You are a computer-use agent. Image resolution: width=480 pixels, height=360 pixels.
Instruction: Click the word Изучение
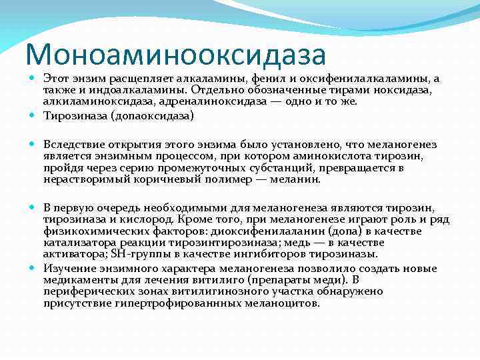tap(68, 268)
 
